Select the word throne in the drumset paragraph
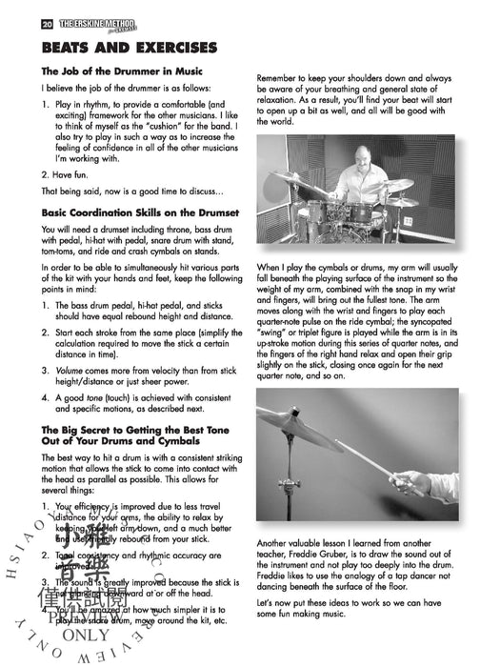[x=175, y=231]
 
